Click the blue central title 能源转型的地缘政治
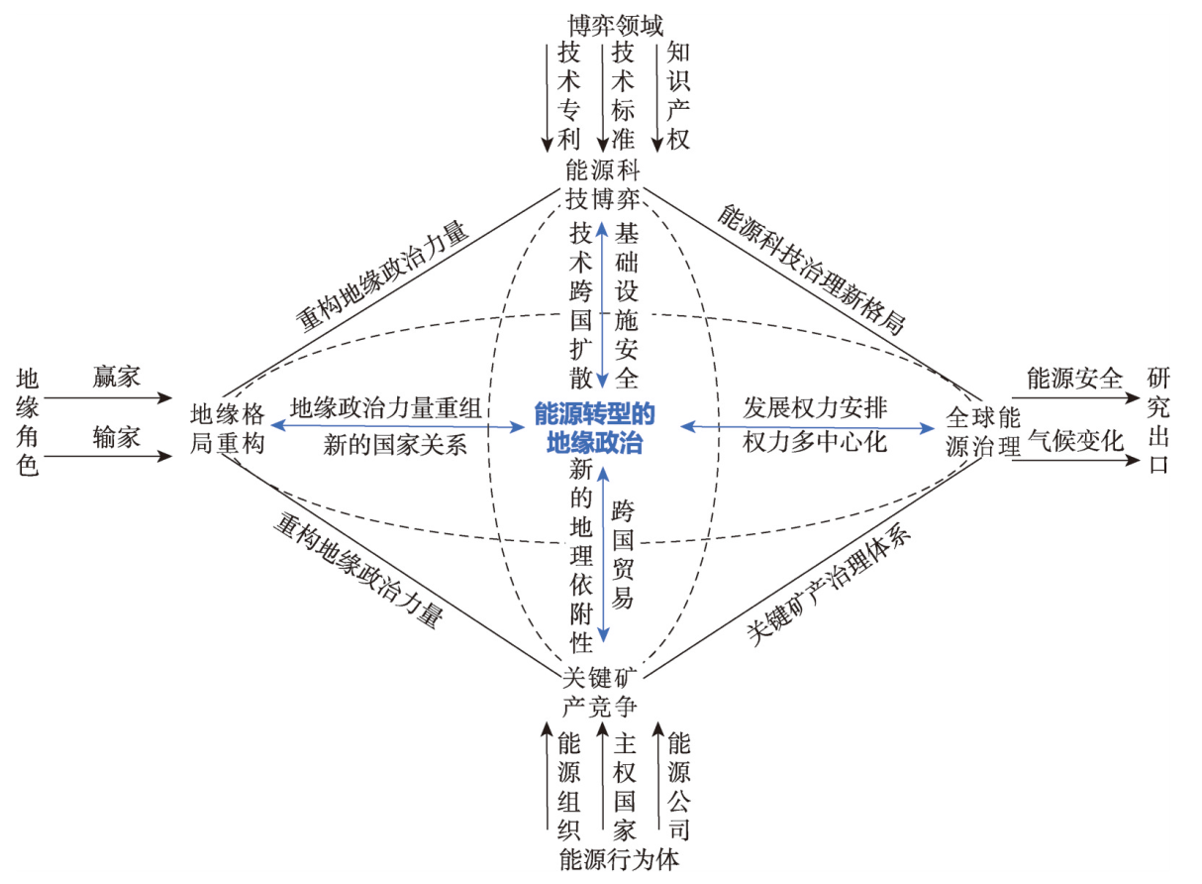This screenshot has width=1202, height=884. pos(594,428)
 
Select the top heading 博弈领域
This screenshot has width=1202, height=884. pos(616,25)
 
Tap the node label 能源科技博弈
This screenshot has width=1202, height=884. pos(602,184)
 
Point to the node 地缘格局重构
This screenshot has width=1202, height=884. pos(228,429)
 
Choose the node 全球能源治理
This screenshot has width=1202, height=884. pos(982,431)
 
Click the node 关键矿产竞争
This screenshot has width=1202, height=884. pos(600,693)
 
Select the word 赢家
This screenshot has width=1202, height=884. pos(117,377)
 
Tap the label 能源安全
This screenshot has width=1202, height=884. pos(1075,379)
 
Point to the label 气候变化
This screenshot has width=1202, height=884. pos(1075,441)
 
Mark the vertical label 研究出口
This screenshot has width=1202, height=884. pos(1159,421)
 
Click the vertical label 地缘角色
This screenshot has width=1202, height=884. pos(28,422)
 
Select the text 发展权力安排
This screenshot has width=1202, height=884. pos(815,407)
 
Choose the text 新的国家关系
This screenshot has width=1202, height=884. pos(395,445)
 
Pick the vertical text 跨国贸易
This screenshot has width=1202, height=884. pos(623,554)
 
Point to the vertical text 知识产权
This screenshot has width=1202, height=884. pos(678,96)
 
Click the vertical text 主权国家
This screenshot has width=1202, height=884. pos(625,787)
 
